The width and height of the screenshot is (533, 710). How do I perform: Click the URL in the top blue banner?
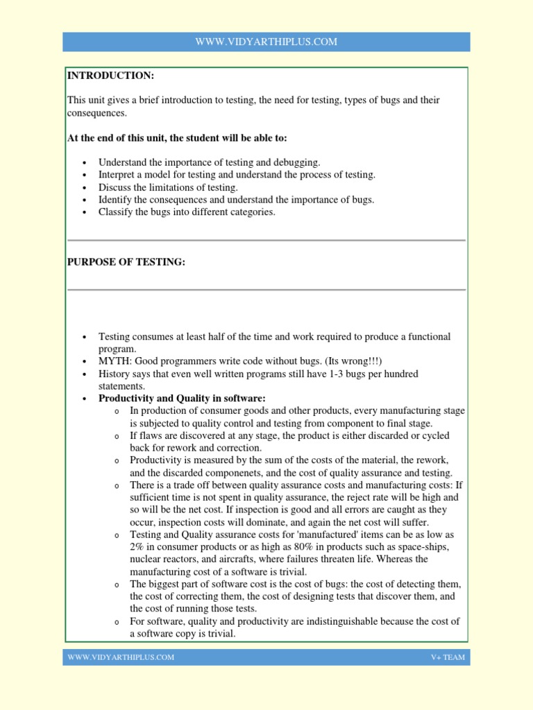[266, 42]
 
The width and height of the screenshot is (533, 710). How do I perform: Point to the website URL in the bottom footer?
[121, 657]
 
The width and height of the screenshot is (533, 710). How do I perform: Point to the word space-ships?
[425, 548]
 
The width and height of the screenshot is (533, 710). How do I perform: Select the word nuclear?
[146, 560]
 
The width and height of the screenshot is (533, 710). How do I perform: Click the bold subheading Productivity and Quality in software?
[182, 399]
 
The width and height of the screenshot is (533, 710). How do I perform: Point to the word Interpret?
[118, 175]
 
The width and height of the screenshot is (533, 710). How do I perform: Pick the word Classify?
[117, 212]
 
